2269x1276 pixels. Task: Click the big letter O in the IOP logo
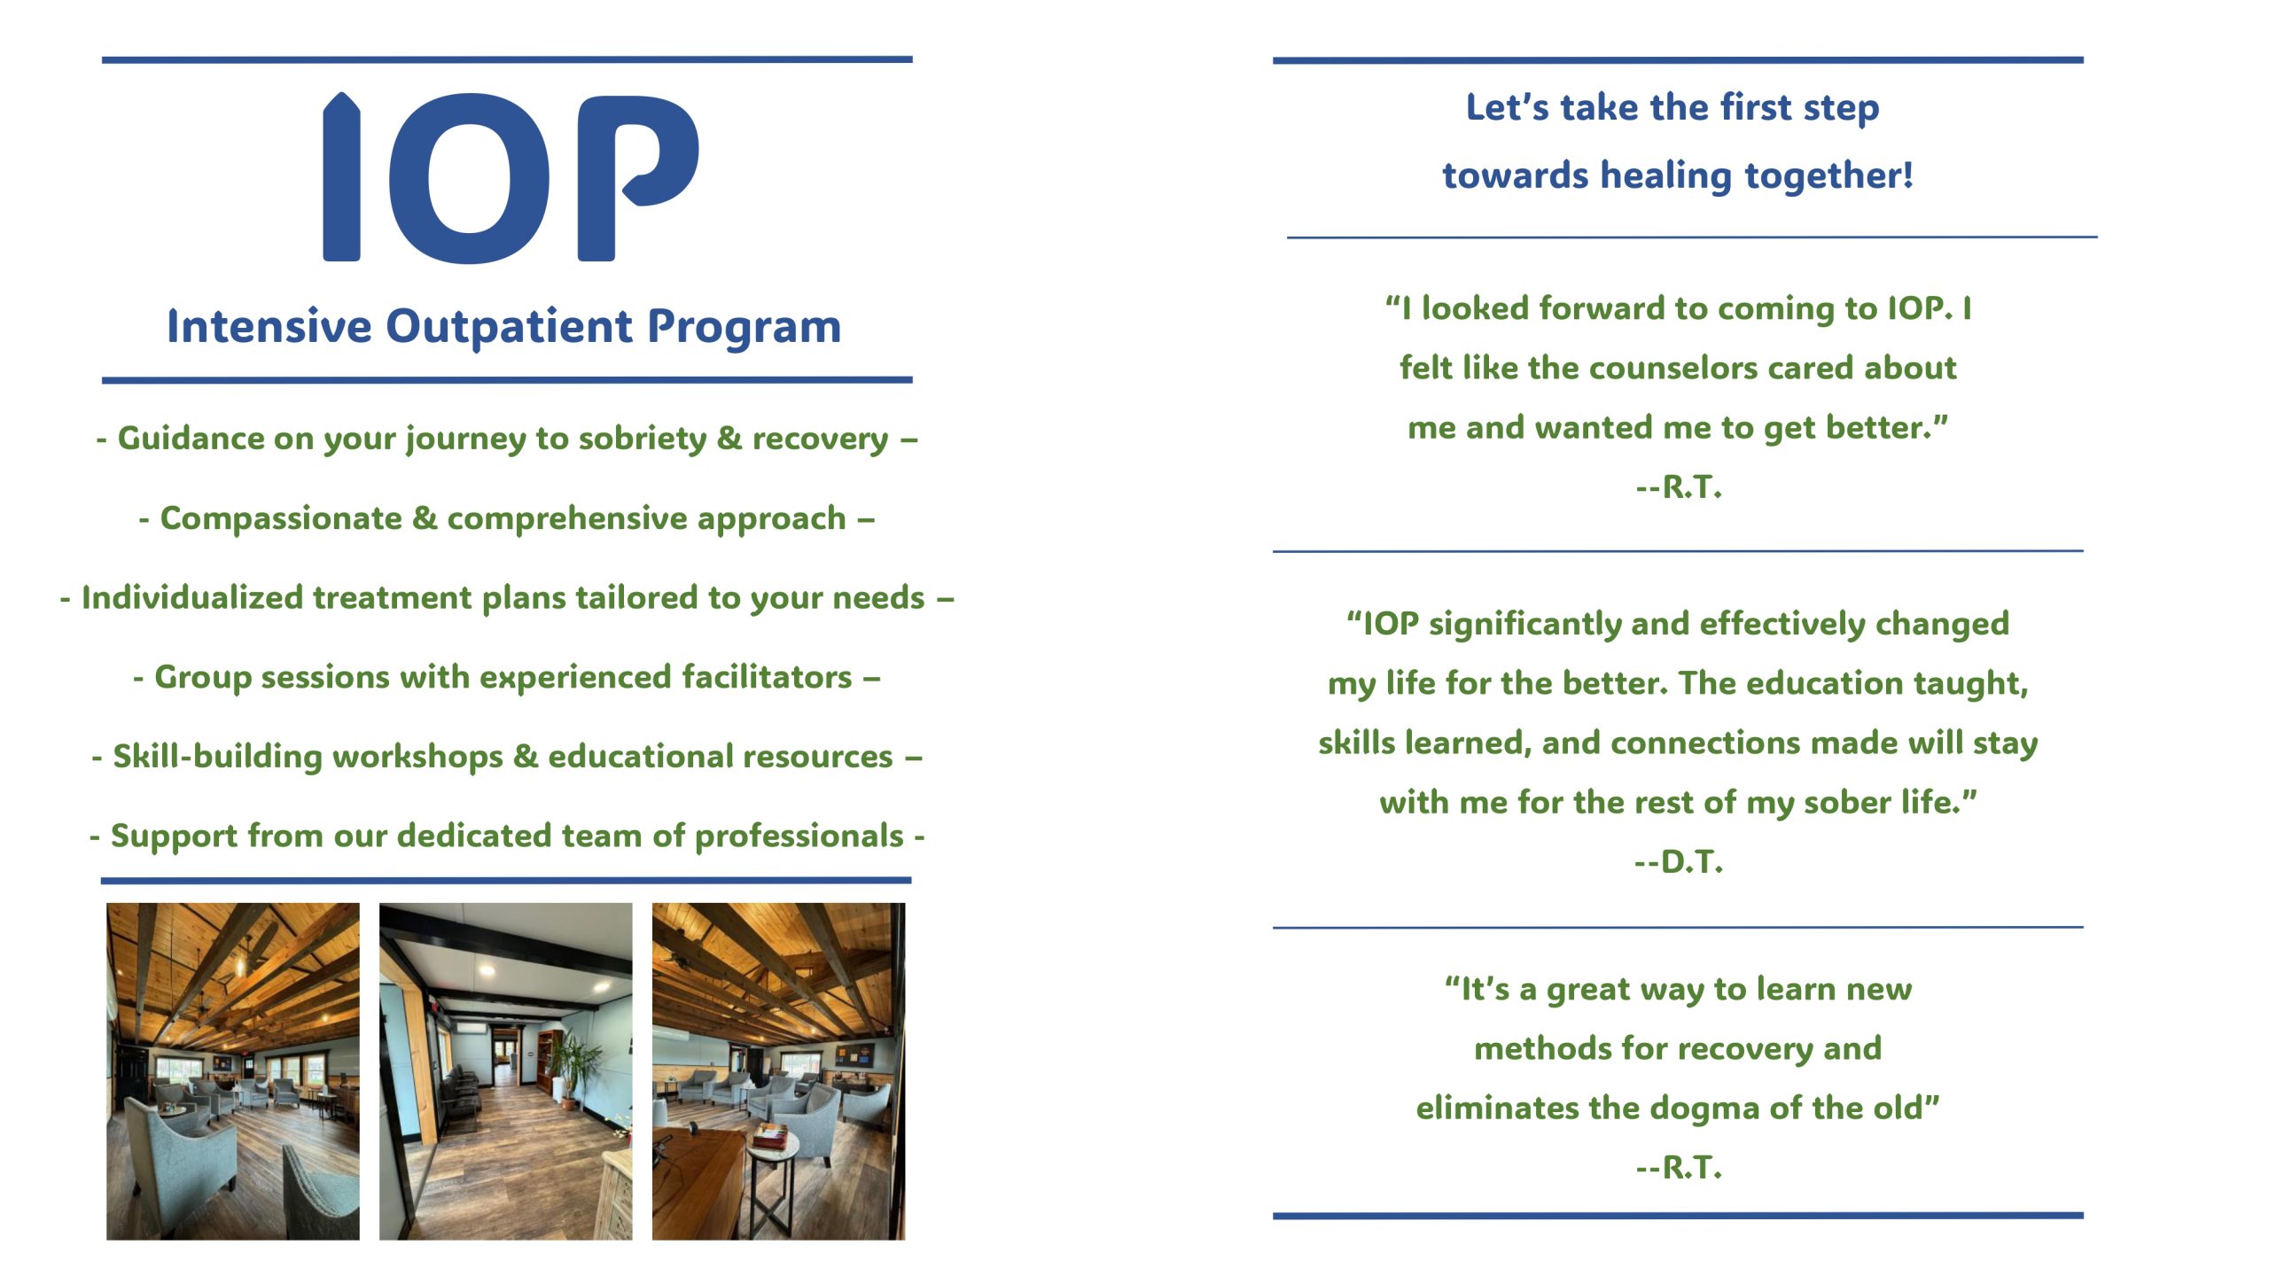point(470,178)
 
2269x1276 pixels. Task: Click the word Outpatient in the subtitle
point(510,327)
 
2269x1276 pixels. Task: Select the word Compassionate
point(281,518)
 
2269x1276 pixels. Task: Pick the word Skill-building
point(218,757)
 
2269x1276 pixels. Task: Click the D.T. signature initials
point(1691,861)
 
